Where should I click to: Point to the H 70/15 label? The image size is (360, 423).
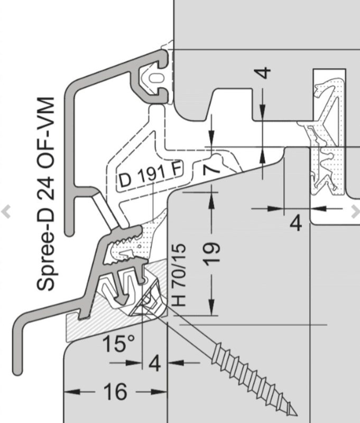[x=180, y=275]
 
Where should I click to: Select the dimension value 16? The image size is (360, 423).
[x=115, y=392]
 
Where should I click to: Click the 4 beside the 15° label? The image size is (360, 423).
[x=155, y=364]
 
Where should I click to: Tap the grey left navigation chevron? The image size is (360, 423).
[x=6, y=212]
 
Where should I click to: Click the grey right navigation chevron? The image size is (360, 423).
[x=355, y=212]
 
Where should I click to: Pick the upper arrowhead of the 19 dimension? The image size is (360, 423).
[x=212, y=197]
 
